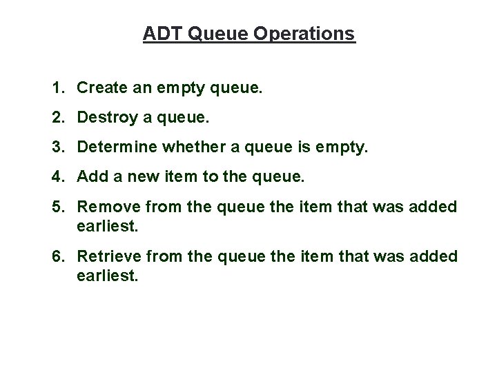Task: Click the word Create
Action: [x=100, y=88]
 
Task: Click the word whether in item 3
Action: [x=179, y=147]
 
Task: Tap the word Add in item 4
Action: [x=90, y=177]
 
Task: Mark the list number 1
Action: [x=58, y=88]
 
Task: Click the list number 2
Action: [x=58, y=118]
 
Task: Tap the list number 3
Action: [x=58, y=147]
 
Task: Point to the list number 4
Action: [x=58, y=177]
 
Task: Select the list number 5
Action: [x=58, y=207]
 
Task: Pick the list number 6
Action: [x=58, y=257]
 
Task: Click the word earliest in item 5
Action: [x=108, y=225]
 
